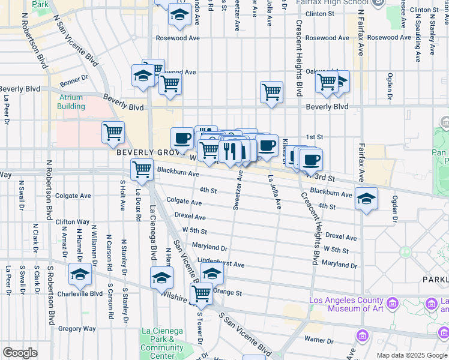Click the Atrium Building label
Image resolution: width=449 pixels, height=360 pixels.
[71, 101]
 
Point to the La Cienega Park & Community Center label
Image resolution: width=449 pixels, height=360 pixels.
[163, 343]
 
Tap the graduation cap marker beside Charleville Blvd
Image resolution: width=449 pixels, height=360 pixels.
[80, 274]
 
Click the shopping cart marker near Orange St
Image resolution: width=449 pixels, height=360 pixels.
[201, 293]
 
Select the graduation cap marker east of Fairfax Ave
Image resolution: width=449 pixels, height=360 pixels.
[366, 199]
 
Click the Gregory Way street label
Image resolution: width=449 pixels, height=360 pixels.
[77, 328]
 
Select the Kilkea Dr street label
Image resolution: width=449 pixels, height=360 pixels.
[285, 149]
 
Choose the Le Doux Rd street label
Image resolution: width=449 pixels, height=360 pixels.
[138, 201]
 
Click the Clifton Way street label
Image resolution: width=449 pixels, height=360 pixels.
[73, 222]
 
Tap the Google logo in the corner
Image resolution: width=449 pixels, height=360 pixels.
[20, 353]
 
